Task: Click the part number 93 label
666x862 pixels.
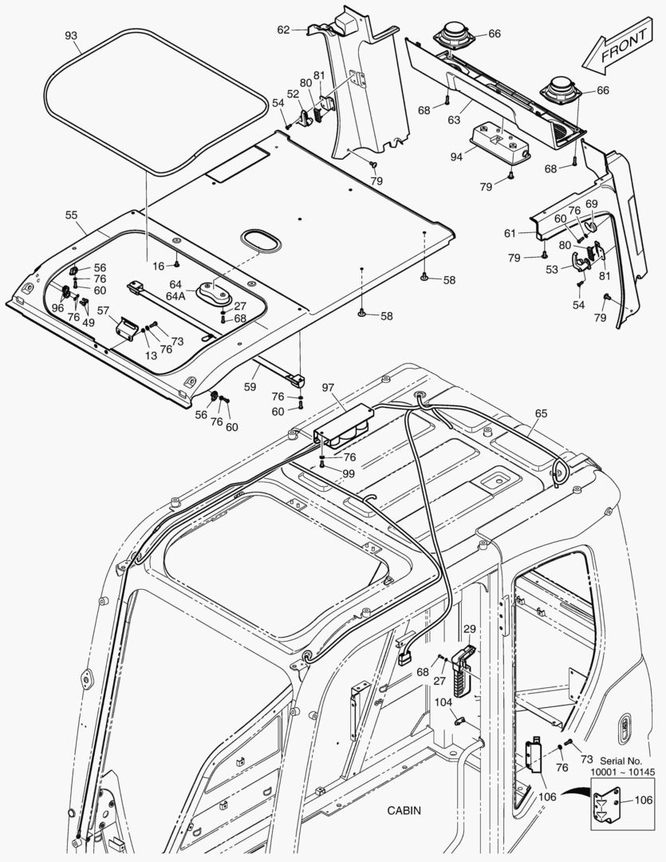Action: [71, 36]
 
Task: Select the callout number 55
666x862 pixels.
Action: [71, 215]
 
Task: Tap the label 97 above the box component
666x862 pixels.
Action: [328, 387]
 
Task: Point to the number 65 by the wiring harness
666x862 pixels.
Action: [541, 413]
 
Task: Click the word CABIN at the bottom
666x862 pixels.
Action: [404, 810]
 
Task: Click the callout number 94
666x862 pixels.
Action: [455, 157]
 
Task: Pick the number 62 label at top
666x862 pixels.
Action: [283, 30]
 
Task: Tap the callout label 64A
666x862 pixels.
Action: [175, 295]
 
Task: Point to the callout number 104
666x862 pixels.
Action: [443, 702]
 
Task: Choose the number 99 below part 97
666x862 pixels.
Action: [326, 473]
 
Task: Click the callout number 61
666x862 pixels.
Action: [509, 233]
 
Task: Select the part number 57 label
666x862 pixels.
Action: [103, 310]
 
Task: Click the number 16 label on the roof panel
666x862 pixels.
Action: [159, 265]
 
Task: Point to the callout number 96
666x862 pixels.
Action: [57, 307]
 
